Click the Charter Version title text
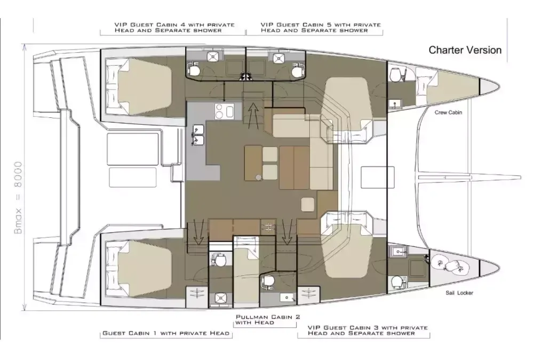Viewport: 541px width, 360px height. (465, 50)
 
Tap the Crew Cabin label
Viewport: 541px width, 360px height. (448, 113)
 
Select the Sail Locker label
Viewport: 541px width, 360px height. (459, 293)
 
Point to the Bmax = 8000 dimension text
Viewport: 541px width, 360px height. (18, 197)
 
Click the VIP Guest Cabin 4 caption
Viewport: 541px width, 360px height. (174, 28)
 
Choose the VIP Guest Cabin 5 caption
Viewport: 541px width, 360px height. (321, 28)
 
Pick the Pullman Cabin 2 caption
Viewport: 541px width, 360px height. (268, 319)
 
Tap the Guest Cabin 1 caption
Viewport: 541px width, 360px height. (166, 333)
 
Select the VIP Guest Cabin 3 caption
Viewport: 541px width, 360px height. (368, 330)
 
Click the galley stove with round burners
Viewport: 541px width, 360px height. (224, 111)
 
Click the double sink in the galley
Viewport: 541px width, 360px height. (198, 135)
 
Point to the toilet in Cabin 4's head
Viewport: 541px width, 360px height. (194, 70)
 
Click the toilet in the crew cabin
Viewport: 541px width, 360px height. (395, 75)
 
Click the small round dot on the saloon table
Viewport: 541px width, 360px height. (258, 177)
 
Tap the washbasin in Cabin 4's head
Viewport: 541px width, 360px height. (212, 57)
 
